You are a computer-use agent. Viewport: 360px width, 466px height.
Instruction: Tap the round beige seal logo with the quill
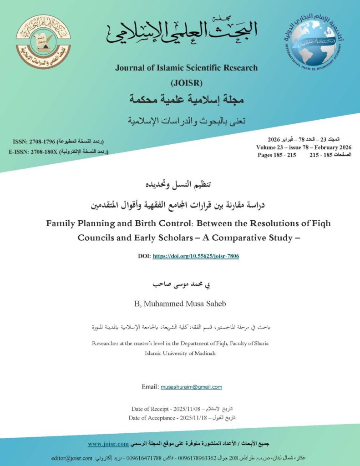point(44,41)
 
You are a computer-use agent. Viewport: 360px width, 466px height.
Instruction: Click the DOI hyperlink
point(196,256)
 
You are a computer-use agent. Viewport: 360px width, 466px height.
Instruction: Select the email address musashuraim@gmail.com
point(191,387)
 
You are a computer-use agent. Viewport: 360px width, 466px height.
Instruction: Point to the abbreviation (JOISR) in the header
point(186,83)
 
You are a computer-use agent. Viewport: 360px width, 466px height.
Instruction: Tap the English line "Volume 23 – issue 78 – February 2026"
point(304,147)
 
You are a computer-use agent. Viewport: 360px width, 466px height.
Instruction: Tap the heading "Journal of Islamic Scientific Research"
point(186,68)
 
